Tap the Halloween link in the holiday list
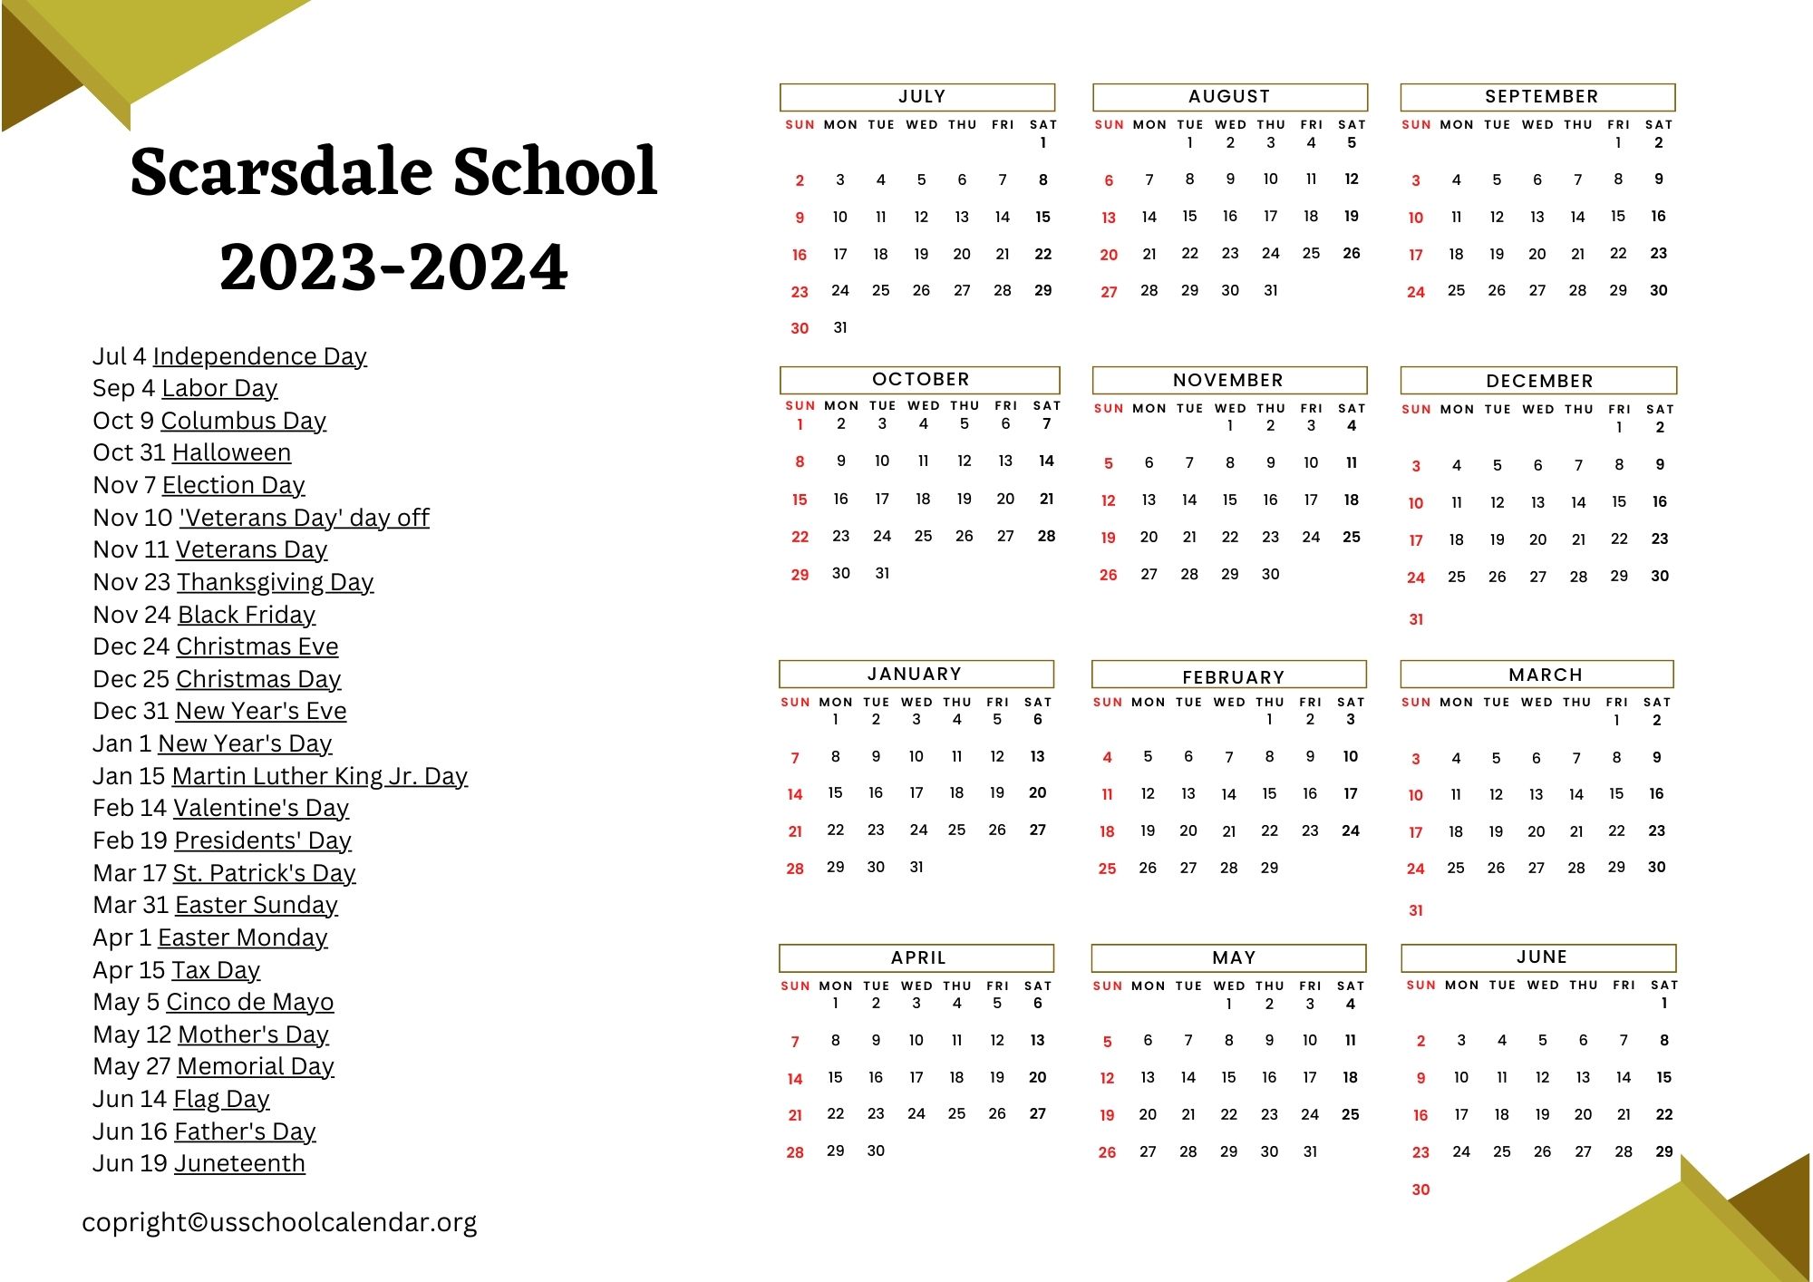coord(231,452)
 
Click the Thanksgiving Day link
coord(275,582)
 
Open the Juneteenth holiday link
coord(239,1163)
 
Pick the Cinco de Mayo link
coord(249,1002)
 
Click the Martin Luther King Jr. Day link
coord(319,776)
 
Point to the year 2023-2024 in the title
coord(393,267)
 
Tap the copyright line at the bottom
coord(279,1222)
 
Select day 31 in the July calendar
coord(840,327)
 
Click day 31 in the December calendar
coord(1416,619)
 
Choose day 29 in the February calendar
coord(1269,868)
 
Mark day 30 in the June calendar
coord(1420,1190)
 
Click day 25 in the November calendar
coord(1351,537)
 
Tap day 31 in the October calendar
coord(882,573)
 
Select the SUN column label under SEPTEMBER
coord(1416,125)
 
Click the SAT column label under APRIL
coord(1038,986)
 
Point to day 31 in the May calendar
coord(1310,1151)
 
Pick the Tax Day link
coord(216,970)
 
